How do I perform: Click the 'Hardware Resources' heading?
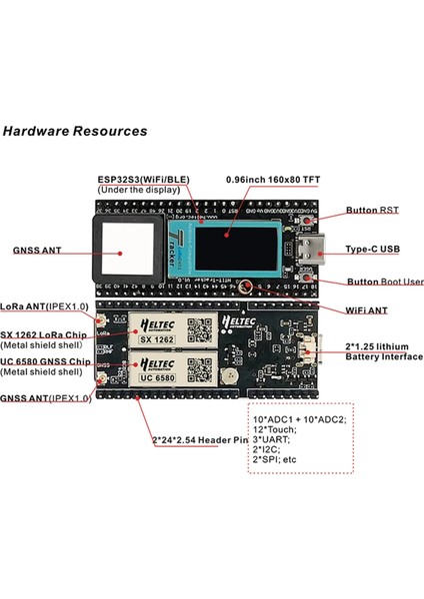tap(75, 131)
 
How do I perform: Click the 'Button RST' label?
tap(372, 211)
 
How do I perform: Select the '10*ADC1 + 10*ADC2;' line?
tap(300, 418)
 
